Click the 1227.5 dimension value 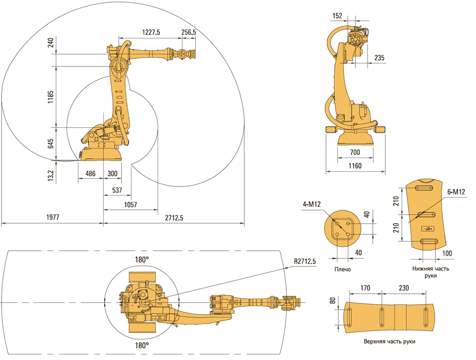151,32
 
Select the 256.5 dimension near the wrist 189,32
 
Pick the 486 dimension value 90,174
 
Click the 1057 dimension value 131,204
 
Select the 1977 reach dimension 52,217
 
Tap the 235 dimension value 379,59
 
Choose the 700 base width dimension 354,153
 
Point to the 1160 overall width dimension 355,167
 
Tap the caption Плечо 343,269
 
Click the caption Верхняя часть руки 389,341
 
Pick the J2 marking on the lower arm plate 427,228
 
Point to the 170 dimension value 365,289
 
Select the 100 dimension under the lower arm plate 447,253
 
